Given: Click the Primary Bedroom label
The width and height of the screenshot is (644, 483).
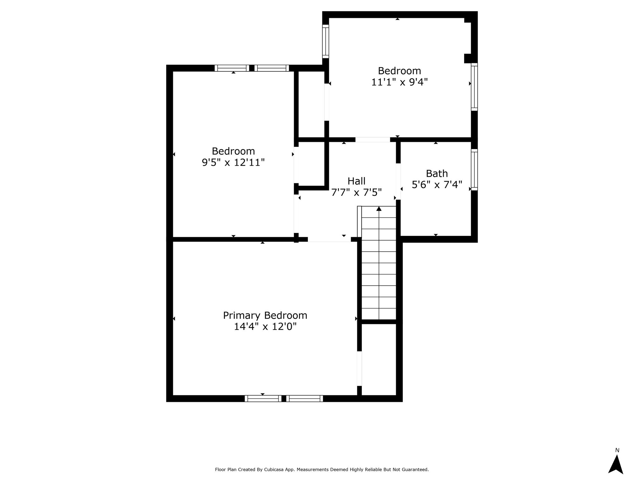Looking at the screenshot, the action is tap(265, 315).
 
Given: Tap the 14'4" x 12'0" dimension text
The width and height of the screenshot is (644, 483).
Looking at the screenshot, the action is tap(265, 327).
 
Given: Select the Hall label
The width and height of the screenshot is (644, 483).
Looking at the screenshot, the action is tap(357, 181).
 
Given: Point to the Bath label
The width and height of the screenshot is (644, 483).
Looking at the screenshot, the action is tap(437, 174).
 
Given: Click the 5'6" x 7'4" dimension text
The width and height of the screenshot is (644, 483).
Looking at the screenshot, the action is tap(437, 185).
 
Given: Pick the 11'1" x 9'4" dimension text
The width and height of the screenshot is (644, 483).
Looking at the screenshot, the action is tap(399, 82).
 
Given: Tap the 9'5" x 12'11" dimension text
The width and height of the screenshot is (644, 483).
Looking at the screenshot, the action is tap(233, 163).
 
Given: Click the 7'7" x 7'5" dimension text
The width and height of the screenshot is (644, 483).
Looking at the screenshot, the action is tap(357, 192).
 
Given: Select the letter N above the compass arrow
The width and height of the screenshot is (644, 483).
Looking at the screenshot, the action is tap(617, 450).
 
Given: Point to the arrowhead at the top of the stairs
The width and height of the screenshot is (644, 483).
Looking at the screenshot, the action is tap(379, 208).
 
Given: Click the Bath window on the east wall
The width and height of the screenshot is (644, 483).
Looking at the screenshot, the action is tap(474, 170).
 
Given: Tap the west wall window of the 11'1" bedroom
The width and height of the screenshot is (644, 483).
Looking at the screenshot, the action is tap(325, 42).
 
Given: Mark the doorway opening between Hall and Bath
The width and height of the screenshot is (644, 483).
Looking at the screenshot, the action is tap(398, 181).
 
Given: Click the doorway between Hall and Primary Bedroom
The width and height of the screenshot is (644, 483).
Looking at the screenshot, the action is tap(329, 239).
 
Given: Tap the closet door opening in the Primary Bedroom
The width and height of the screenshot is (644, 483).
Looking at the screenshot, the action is tap(359, 369).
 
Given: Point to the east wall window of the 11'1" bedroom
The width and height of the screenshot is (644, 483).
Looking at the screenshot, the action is tap(474, 87).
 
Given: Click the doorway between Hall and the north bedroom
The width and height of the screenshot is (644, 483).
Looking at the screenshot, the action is tap(373, 140).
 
